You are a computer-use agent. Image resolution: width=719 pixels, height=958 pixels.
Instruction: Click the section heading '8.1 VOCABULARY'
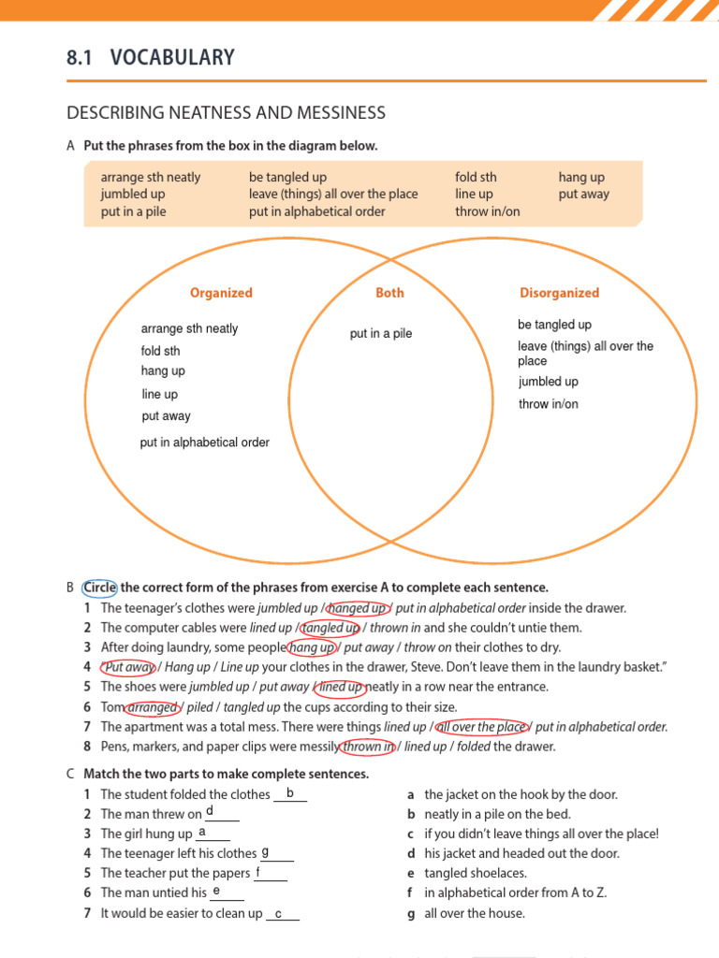(151, 58)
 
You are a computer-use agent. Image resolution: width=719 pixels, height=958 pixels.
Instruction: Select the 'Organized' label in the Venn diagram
(221, 293)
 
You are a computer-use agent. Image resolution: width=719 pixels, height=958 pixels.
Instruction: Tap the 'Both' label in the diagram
(389, 293)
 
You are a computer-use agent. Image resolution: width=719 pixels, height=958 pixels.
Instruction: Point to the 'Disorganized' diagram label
(559, 293)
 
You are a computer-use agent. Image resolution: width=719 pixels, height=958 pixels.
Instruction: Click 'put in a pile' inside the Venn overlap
(381, 334)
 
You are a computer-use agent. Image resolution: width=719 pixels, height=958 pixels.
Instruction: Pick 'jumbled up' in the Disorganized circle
(549, 382)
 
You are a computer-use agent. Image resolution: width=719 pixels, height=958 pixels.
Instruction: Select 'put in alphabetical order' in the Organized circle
(205, 443)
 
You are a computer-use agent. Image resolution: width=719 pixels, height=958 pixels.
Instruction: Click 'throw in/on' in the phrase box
(487, 211)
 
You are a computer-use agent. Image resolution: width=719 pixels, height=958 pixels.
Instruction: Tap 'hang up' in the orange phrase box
(581, 177)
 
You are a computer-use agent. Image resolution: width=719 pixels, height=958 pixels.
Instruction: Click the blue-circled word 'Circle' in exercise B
(100, 588)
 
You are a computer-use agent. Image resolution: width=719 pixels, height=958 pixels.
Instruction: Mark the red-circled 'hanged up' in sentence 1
(356, 608)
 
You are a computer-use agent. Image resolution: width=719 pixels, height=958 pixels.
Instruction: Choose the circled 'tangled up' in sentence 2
(330, 628)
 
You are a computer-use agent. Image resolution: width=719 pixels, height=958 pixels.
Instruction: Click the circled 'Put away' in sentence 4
(129, 667)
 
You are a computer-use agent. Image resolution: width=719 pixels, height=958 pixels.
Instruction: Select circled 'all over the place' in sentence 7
(481, 727)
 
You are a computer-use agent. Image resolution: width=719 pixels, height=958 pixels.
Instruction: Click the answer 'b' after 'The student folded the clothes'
(290, 793)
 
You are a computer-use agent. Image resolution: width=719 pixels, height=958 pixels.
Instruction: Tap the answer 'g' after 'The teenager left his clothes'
(265, 852)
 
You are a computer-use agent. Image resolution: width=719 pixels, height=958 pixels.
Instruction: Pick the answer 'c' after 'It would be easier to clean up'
(278, 912)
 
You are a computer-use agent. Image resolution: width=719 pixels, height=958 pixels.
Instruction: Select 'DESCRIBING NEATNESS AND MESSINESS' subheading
(226, 113)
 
